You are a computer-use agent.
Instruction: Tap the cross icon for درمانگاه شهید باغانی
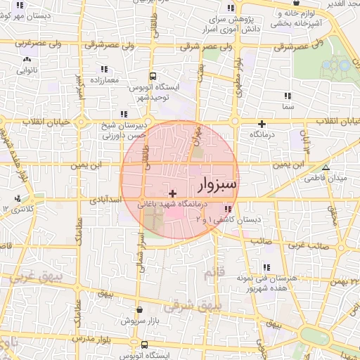173,193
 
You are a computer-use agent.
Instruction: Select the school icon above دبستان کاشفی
227,209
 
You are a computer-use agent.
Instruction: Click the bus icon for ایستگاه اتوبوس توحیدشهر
154,77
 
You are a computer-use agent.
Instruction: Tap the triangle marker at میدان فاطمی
326,167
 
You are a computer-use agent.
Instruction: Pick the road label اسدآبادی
106,200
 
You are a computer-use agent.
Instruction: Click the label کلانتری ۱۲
18,209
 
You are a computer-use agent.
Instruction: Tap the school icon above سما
286,96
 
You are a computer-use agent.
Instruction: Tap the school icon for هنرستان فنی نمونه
266,267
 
